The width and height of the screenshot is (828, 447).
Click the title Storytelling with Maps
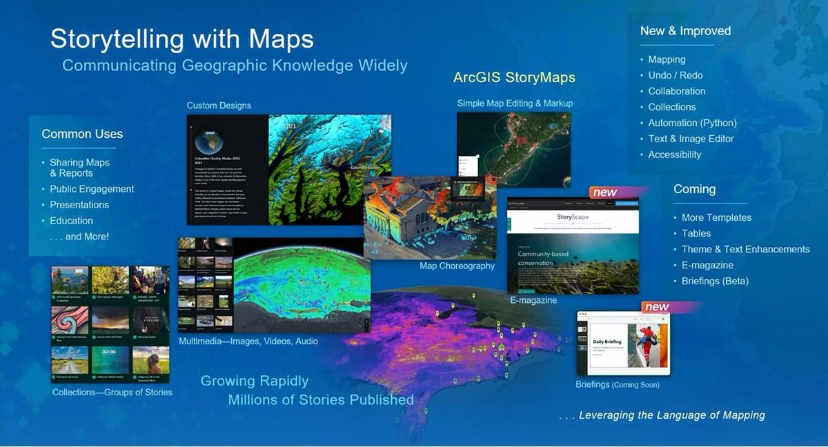pos(182,39)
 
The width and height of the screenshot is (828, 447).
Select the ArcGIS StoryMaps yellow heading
pos(514,77)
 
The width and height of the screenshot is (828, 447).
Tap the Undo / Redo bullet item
pos(675,75)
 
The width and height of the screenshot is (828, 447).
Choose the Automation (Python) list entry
pos(692,123)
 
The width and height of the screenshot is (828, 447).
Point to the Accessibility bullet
pos(674,155)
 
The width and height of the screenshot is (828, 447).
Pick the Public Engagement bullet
pos(92,189)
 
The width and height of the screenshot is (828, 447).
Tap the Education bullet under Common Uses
pos(71,221)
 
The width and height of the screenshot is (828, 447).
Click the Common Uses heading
pos(82,134)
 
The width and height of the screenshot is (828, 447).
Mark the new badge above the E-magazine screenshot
pos(605,192)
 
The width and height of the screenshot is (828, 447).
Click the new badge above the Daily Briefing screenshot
pos(657,307)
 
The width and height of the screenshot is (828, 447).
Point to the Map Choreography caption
pos(457,266)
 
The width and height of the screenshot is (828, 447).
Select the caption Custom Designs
pos(219,106)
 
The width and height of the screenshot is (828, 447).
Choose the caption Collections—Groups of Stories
pos(112,393)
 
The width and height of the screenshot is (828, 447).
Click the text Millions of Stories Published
pos(321,400)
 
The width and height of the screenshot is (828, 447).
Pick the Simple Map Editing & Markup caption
pos(515,103)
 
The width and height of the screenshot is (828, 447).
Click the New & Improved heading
pos(685,31)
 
